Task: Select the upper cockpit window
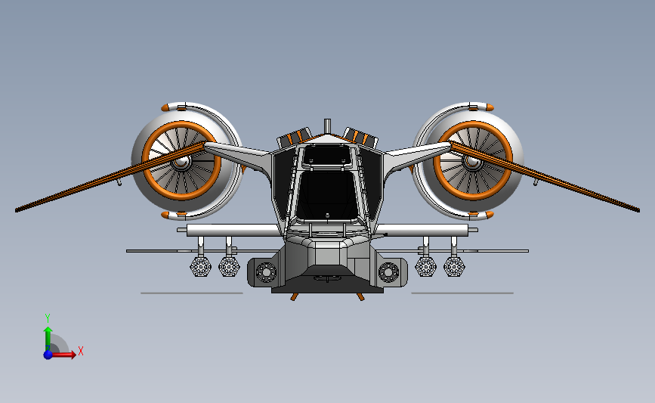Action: pyautogui.click(x=327, y=156)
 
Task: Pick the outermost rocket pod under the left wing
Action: pyautogui.click(x=199, y=266)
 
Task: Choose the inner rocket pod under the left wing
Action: pyautogui.click(x=228, y=266)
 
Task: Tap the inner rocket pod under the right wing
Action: pyautogui.click(x=425, y=266)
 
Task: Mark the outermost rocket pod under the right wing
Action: pyautogui.click(x=453, y=266)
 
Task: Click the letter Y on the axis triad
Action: pyautogui.click(x=47, y=318)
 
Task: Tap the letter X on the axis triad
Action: pyautogui.click(x=80, y=351)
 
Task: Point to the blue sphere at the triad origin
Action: pyautogui.click(x=48, y=354)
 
